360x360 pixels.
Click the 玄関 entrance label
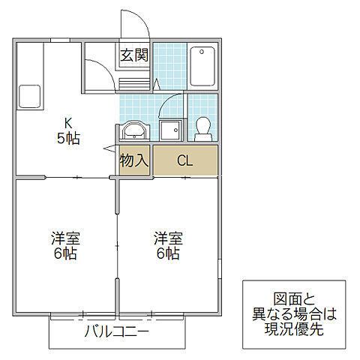[135, 54]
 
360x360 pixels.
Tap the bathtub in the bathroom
[202, 67]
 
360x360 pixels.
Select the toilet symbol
[202, 129]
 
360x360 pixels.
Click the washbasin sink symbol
[135, 130]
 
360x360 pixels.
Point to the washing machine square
[170, 130]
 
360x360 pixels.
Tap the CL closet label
[184, 160]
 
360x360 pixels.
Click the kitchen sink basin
[29, 97]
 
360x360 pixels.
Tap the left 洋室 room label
[65, 238]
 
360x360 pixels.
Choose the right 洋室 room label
[168, 238]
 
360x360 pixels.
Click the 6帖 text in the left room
[65, 253]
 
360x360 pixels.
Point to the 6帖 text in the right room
[168, 253]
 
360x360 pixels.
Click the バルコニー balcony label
[116, 331]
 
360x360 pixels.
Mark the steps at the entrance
[135, 82]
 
